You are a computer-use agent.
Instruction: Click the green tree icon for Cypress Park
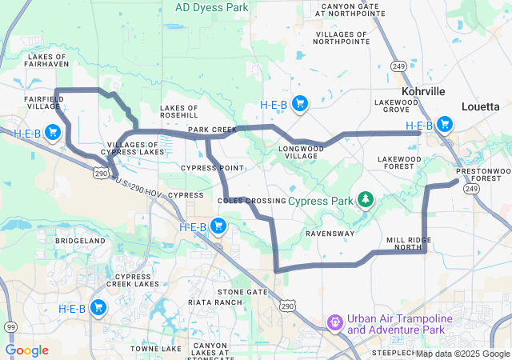coord(365,199)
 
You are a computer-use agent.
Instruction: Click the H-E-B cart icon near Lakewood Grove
coord(444,125)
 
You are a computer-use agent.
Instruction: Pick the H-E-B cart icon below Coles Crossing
coord(218,227)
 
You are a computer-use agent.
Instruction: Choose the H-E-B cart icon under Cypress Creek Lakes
coord(98,308)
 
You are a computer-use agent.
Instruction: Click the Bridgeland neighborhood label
coord(80,240)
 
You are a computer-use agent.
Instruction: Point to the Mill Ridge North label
coord(408,244)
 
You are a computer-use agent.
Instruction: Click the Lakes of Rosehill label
coord(179,111)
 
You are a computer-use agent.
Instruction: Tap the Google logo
coord(26,350)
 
